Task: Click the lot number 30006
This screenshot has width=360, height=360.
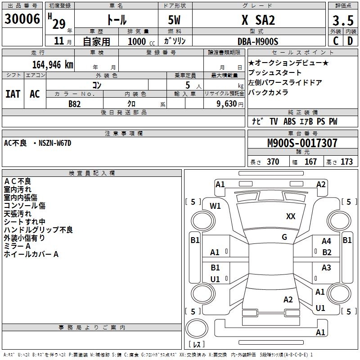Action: tap(22, 19)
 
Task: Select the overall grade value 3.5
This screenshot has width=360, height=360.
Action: tap(342, 21)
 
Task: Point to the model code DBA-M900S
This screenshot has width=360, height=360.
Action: tap(258, 41)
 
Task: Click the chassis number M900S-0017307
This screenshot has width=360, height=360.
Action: tap(302, 144)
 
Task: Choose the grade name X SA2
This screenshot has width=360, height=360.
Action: tap(258, 21)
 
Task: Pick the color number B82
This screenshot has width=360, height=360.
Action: tap(75, 104)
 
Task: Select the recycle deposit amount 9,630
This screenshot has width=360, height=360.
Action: tap(223, 104)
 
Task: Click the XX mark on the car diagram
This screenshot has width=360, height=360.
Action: tap(291, 216)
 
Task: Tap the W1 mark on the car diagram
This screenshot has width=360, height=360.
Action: tap(215, 206)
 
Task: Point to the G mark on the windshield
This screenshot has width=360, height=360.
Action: tap(284, 237)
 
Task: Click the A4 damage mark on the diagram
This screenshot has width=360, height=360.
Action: tap(326, 242)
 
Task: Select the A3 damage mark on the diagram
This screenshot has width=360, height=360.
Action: tap(326, 268)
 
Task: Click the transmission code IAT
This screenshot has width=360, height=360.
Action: tap(13, 94)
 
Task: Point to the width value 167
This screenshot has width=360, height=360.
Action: tap(310, 162)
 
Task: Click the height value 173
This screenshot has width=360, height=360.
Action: tap(346, 162)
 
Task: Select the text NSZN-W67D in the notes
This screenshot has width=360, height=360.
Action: tap(55, 143)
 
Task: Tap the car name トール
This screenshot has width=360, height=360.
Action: tap(116, 21)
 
